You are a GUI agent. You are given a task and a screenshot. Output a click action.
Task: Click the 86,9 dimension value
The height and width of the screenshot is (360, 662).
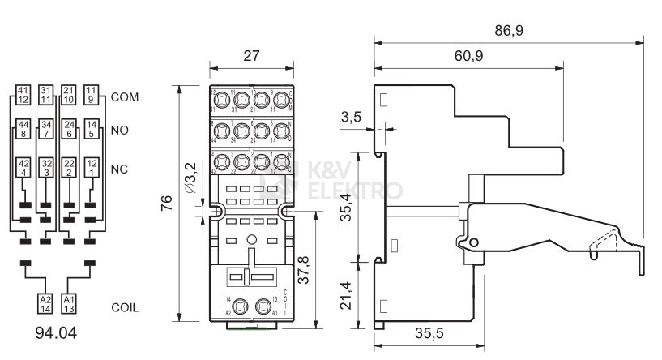click(508, 30)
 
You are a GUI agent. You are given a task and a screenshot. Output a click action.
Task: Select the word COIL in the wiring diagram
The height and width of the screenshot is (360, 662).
click(126, 308)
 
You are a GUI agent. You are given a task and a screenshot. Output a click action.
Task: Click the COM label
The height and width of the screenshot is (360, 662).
click(126, 96)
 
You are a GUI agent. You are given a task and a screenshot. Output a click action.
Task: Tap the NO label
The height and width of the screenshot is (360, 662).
click(120, 130)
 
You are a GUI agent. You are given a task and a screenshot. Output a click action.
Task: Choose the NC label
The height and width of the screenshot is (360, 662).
click(120, 169)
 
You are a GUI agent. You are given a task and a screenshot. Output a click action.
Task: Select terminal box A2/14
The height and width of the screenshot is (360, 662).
click(45, 303)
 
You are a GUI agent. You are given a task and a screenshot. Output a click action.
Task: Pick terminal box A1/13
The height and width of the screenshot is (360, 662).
click(70, 303)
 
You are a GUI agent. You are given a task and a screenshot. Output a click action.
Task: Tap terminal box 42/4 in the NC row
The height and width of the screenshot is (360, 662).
click(24, 168)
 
